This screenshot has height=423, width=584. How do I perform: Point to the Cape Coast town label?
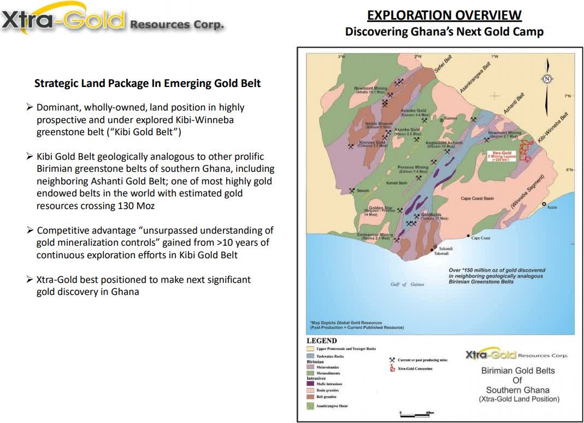[481, 238]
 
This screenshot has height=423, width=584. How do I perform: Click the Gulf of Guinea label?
[406, 285]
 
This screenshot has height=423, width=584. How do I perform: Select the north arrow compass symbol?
[547, 79]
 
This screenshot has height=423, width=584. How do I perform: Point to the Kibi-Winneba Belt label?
[553, 129]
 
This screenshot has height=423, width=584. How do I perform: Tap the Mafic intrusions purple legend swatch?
[311, 384]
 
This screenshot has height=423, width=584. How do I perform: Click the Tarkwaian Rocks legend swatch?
[311, 356]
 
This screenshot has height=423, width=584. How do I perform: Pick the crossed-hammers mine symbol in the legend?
[392, 360]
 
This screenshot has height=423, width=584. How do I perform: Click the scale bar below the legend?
[416, 415]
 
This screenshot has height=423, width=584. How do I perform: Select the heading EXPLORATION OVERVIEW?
[444, 15]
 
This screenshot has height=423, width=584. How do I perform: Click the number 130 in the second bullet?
[126, 206]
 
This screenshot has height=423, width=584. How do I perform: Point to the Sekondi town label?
[447, 249]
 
